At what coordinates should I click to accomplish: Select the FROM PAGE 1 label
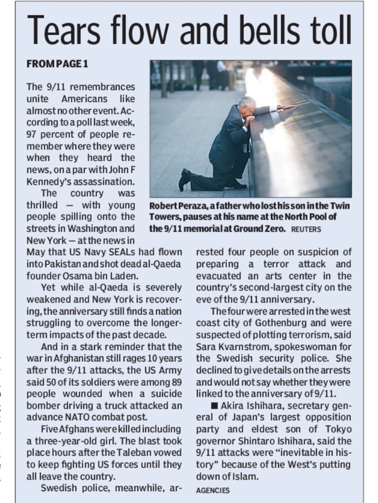coord(57,65)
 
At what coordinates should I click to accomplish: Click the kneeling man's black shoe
coord(184,181)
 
